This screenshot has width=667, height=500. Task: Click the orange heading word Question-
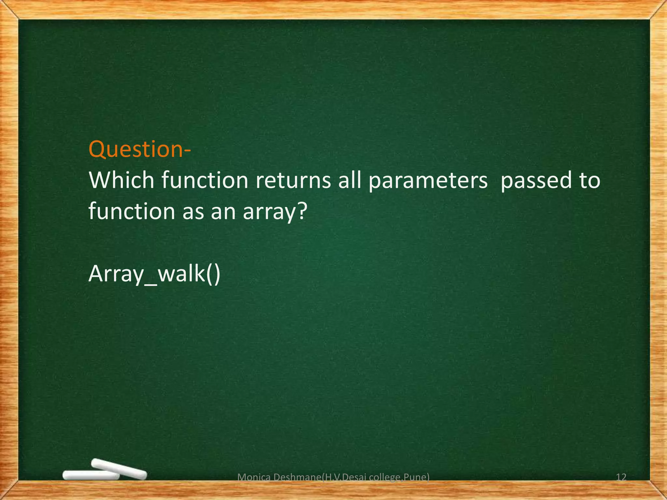[x=140, y=149]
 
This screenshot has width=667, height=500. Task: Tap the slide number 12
[x=621, y=477]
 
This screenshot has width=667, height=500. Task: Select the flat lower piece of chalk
[x=91, y=476]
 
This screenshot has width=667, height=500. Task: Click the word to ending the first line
[x=589, y=181]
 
